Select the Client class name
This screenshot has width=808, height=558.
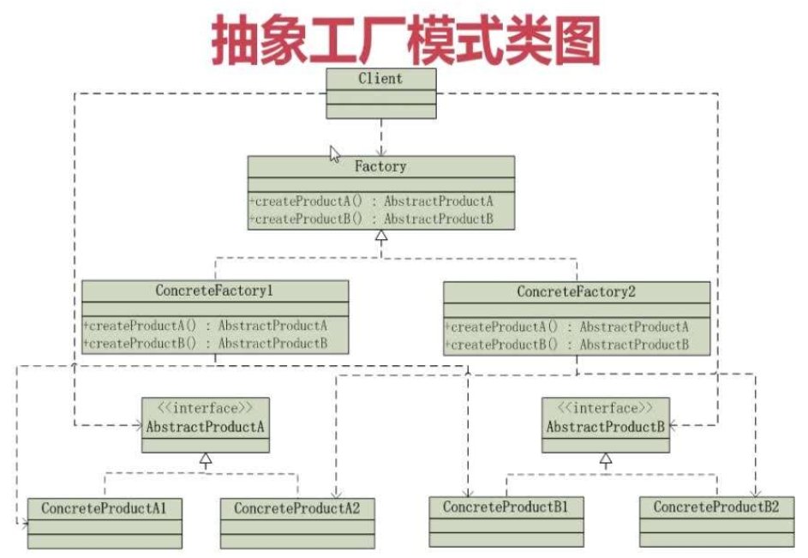click(x=380, y=78)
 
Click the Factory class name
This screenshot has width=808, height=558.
click(x=380, y=166)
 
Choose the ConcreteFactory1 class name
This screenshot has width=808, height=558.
click(x=214, y=291)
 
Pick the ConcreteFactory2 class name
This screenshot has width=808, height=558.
click(x=576, y=292)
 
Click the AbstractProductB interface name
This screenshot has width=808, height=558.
click(x=606, y=425)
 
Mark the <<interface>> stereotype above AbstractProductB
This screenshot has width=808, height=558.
click(x=606, y=408)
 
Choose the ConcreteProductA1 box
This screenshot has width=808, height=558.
click(x=105, y=520)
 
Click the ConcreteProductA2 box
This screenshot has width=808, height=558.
click(x=297, y=520)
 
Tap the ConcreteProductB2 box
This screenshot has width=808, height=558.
click(x=716, y=519)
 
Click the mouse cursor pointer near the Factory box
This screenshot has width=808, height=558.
click(x=335, y=153)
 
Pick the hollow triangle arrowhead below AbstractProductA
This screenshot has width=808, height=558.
click(x=206, y=459)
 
